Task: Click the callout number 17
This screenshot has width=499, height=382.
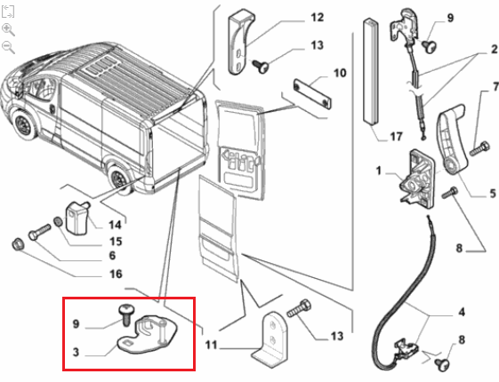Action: pyautogui.click(x=396, y=137)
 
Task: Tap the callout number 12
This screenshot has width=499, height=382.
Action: pyautogui.click(x=317, y=17)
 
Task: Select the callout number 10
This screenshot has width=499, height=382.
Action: pyautogui.click(x=340, y=73)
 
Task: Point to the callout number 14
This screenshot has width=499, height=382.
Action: pyautogui.click(x=115, y=225)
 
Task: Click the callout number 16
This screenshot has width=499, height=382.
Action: pyautogui.click(x=116, y=274)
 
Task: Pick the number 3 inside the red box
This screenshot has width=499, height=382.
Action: pyautogui.click(x=76, y=352)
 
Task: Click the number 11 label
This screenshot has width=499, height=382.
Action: pyautogui.click(x=211, y=345)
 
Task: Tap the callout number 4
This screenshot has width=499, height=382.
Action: pyautogui.click(x=462, y=312)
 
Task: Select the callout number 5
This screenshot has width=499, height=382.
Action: pyautogui.click(x=493, y=193)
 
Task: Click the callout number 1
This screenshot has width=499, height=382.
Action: pyautogui.click(x=379, y=171)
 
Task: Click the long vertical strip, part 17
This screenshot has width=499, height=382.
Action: pyautogui.click(x=371, y=71)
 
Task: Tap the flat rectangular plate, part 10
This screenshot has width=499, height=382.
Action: pyautogui.click(x=312, y=94)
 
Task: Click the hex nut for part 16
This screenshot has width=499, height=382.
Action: pyautogui.click(x=17, y=244)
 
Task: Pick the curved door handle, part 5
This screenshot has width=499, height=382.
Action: pyautogui.click(x=450, y=139)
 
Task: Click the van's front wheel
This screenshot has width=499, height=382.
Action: pyautogui.click(x=23, y=123)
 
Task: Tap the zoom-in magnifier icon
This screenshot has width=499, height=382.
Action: pyautogui.click(x=8, y=29)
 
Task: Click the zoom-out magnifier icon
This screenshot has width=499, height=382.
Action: pyautogui.click(x=8, y=47)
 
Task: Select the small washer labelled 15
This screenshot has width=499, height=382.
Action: pyautogui.click(x=58, y=221)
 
